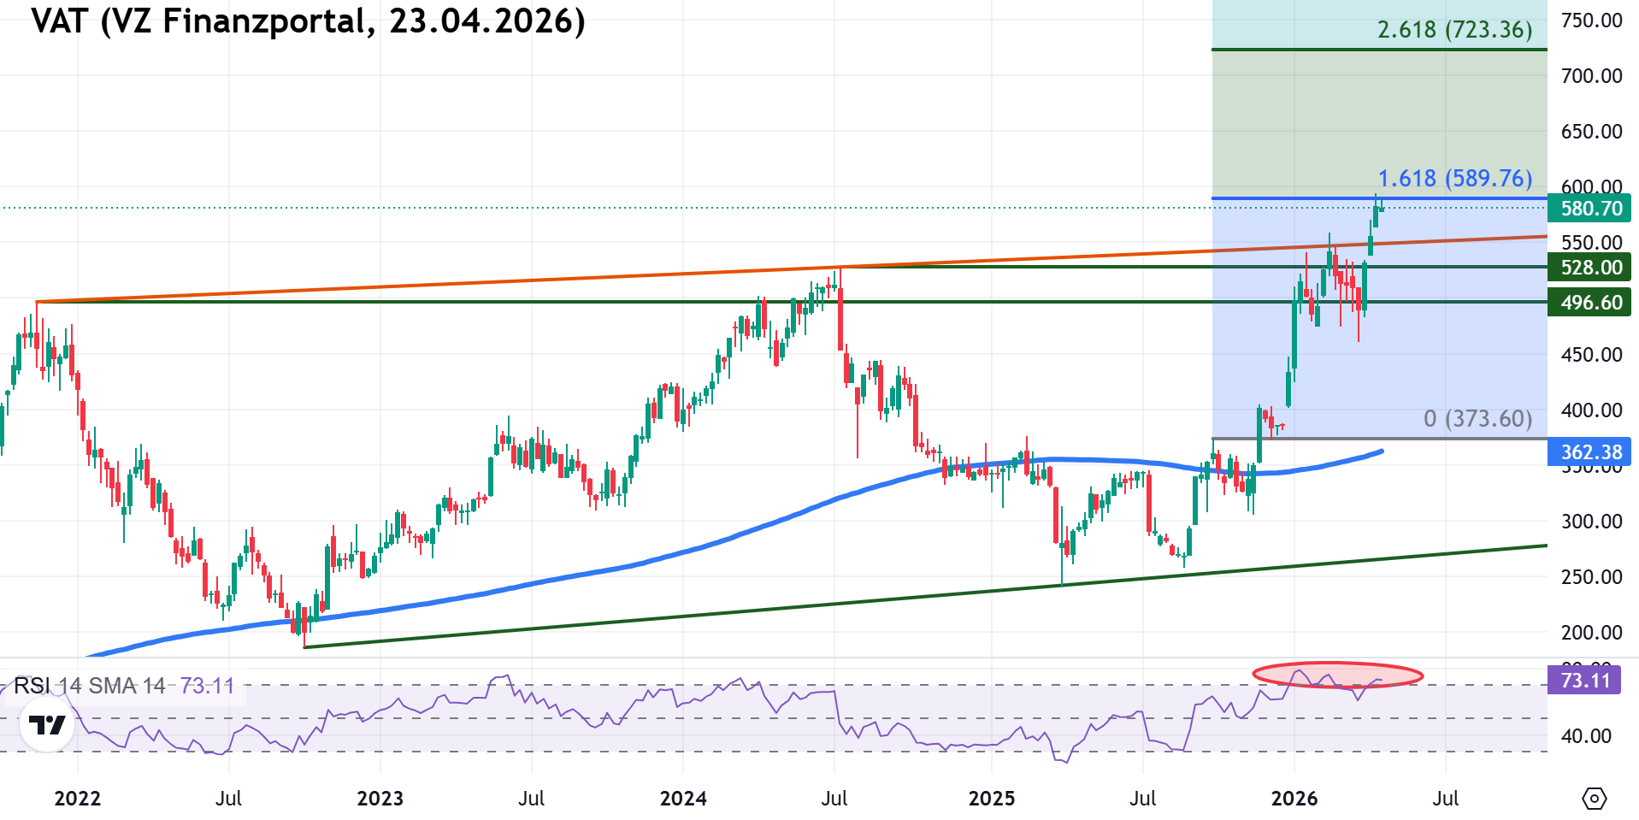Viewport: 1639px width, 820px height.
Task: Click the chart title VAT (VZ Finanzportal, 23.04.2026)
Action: click(x=308, y=21)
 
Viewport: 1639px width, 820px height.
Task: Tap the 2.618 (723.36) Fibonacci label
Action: click(x=1454, y=30)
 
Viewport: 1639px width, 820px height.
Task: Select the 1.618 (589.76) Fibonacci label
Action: click(x=1454, y=179)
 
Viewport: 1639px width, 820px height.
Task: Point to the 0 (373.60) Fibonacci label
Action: click(x=1477, y=419)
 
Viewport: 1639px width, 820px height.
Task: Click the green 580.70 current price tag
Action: click(x=1590, y=209)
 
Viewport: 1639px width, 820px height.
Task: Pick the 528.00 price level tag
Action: click(x=1590, y=268)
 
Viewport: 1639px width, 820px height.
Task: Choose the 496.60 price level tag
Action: click(x=1590, y=303)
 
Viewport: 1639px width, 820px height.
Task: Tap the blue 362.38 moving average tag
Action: click(x=1590, y=452)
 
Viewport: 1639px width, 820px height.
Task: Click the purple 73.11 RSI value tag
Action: click(x=1584, y=681)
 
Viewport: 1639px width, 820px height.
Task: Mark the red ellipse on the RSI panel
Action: click(x=1337, y=675)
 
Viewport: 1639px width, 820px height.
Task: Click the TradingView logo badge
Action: click(x=47, y=726)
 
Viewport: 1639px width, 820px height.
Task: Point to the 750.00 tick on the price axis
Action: click(x=1591, y=21)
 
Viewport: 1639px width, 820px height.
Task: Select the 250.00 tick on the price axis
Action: click(x=1591, y=577)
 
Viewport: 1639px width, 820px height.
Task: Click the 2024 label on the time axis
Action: click(x=683, y=799)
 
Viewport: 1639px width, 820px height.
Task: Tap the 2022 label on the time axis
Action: click(x=77, y=799)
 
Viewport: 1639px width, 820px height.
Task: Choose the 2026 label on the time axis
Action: click(x=1294, y=799)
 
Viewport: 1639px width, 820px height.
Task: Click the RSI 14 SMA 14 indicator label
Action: click(x=90, y=686)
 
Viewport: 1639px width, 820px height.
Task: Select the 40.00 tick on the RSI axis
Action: click(x=1586, y=736)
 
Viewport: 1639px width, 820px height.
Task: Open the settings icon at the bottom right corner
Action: click(x=1594, y=799)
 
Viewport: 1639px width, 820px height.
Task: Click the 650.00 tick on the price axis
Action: click(x=1591, y=132)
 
